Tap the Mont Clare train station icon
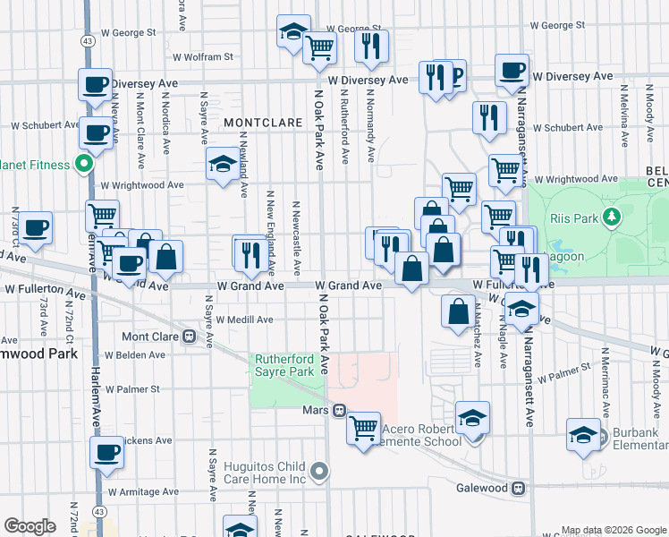[x=189, y=337]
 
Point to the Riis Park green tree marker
[x=612, y=216]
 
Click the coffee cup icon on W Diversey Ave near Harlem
[x=95, y=86]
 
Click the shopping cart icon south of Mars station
[x=363, y=429]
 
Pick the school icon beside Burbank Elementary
[x=584, y=435]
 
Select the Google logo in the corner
[x=30, y=526]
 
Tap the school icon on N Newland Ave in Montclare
[x=222, y=164]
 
